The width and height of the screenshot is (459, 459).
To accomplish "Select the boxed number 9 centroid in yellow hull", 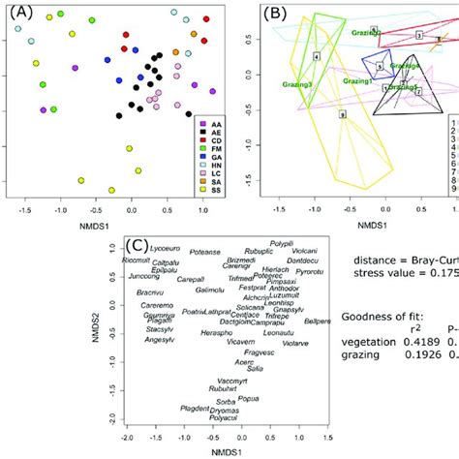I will point(342,114).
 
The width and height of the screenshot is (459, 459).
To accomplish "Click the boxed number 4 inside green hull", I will point(317,57).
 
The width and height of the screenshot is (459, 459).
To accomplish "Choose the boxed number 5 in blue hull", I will point(380,67).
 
